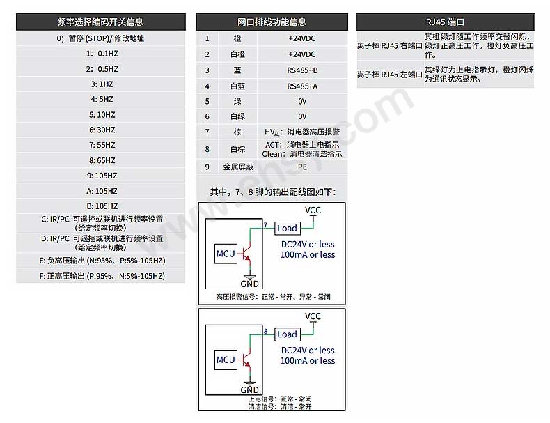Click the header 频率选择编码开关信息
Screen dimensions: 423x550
point(101,22)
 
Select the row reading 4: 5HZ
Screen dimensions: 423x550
point(101,100)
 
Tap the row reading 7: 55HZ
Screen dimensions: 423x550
point(101,145)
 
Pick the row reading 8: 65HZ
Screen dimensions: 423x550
point(101,160)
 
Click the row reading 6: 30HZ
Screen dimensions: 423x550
point(101,130)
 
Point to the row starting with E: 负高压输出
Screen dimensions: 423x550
point(101,261)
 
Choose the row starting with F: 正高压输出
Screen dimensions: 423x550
point(101,276)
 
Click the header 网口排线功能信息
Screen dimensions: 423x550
point(272,22)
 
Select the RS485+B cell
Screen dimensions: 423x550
point(301,70)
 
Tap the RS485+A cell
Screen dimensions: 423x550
point(301,86)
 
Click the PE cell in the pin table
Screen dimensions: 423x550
point(301,167)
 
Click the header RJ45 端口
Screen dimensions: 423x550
point(446,22)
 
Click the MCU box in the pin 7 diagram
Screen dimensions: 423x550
point(226,253)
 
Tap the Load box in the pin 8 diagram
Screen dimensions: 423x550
point(287,334)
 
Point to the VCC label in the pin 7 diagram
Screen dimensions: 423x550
point(313,209)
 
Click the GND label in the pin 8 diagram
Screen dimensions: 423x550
point(249,390)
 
